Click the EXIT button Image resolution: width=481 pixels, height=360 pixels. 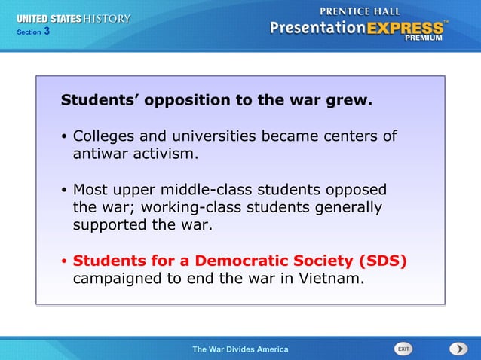pos(403,349)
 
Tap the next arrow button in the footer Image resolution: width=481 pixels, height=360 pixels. pos(458,349)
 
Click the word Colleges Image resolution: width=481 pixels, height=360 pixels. pos(103,136)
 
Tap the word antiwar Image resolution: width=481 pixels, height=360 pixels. pos(103,154)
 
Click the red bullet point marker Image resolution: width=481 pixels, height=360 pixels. pos(66,261)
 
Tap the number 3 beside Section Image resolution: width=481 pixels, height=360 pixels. pos(47,31)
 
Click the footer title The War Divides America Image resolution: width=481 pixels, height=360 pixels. pos(240,349)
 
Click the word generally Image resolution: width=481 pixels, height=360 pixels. pos(344,207)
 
